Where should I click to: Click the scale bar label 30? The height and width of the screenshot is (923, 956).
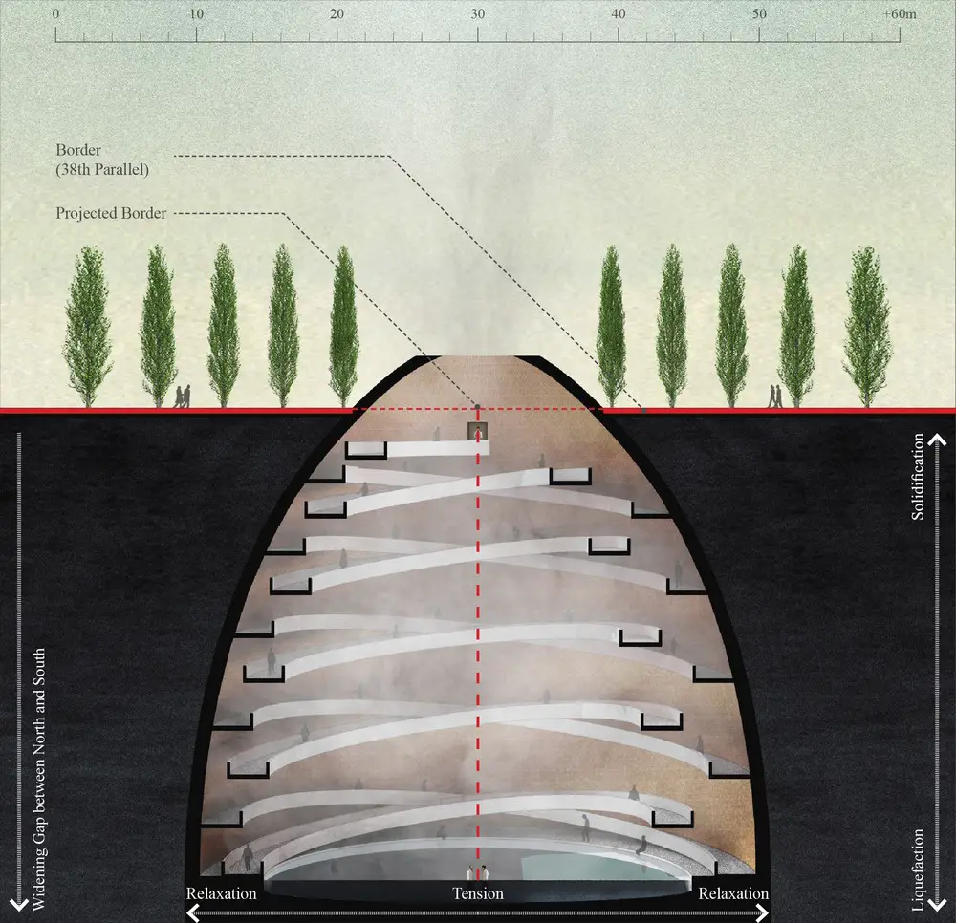[477, 14]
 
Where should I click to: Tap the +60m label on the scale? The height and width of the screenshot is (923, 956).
[900, 14]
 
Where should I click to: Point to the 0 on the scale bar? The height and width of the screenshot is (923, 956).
[56, 14]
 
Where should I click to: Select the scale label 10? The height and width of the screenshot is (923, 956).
[196, 14]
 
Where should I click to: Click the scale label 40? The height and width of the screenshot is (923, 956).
[619, 14]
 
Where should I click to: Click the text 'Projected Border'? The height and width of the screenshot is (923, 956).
[111, 213]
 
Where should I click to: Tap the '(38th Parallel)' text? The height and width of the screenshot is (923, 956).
[102, 169]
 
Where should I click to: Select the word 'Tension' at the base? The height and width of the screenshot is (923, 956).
[478, 893]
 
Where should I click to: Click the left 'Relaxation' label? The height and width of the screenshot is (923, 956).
[222, 893]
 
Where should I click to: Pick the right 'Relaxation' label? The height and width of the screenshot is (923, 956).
[733, 893]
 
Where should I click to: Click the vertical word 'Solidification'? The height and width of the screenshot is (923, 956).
[918, 477]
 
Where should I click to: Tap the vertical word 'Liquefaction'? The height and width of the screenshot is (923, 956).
[918, 870]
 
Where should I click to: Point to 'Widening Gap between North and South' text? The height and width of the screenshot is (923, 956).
[39, 780]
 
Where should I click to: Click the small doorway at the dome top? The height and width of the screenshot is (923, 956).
[477, 431]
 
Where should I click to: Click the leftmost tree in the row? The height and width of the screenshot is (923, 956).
[88, 326]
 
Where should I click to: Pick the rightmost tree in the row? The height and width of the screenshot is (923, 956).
[867, 326]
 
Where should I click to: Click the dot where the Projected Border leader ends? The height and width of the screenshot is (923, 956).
[477, 406]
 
